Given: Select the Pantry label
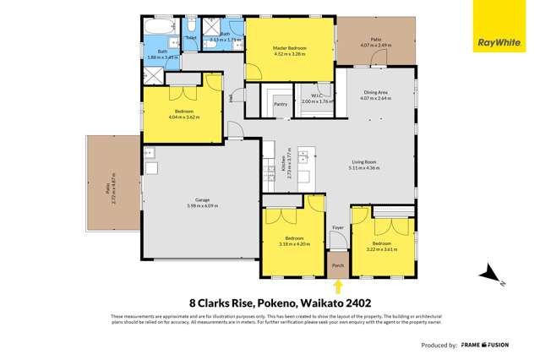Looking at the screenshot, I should (x=281, y=104).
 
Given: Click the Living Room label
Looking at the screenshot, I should (x=365, y=163).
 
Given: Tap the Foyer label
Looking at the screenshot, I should (x=338, y=227).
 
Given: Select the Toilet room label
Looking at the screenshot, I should (x=190, y=38).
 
